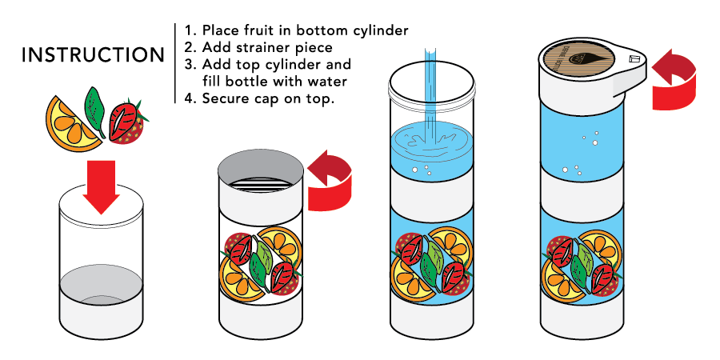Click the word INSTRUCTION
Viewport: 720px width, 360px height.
[93, 54]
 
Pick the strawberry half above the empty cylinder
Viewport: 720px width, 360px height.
[127, 122]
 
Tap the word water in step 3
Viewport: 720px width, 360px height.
[328, 82]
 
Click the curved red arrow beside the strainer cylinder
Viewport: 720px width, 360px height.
[330, 181]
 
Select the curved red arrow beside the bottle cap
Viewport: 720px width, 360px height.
[674, 79]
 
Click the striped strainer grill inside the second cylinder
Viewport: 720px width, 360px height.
[260, 185]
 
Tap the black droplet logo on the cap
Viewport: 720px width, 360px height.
[579, 59]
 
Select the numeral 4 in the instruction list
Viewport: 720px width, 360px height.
[189, 98]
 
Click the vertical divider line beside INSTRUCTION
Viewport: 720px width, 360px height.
[175, 63]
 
